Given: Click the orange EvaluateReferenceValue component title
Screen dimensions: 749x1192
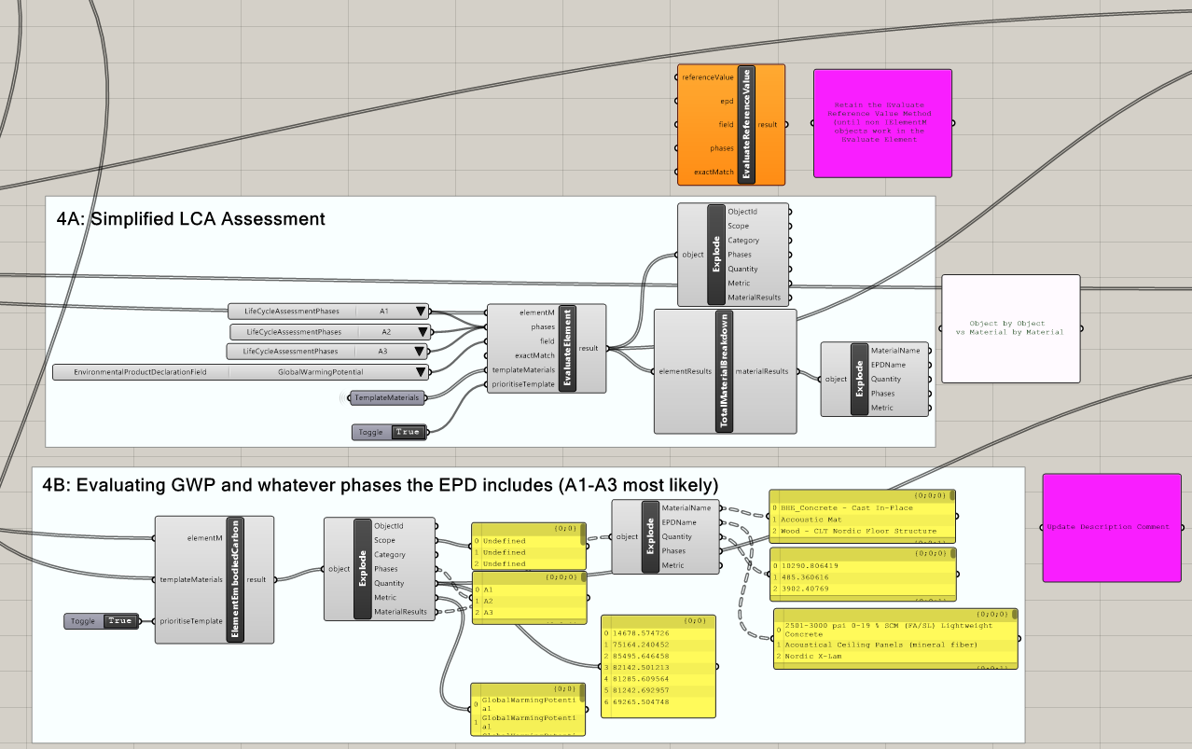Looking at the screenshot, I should pyautogui.click(x=746, y=124).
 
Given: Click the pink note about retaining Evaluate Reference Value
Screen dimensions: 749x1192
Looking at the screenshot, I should pyautogui.click(x=882, y=123).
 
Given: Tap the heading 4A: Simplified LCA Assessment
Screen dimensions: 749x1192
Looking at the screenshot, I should pyautogui.click(x=191, y=219).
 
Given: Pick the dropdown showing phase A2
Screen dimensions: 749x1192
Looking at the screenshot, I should pyautogui.click(x=330, y=332).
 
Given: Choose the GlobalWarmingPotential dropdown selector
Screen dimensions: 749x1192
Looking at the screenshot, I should pyautogui.click(x=241, y=372).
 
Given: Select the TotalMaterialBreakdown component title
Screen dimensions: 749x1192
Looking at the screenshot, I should pyautogui.click(x=725, y=371).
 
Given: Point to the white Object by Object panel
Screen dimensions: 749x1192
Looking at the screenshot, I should pyautogui.click(x=1010, y=327).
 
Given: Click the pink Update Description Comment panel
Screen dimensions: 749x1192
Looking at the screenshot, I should pyautogui.click(x=1105, y=527).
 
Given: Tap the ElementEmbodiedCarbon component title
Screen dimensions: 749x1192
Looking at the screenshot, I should pyautogui.click(x=236, y=579).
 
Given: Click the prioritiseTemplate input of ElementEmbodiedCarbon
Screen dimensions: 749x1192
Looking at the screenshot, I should pyautogui.click(x=192, y=621).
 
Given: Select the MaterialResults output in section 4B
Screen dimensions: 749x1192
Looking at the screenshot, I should pyautogui.click(x=400, y=612).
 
